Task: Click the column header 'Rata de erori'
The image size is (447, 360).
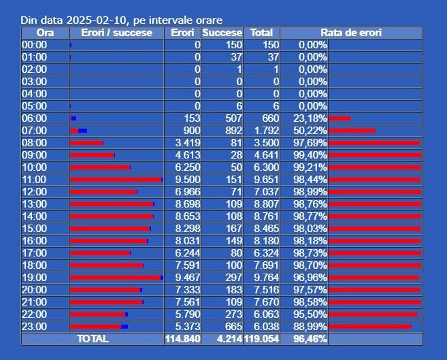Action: pyautogui.click(x=351, y=33)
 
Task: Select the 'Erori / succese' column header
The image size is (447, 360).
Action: pyautogui.click(x=116, y=33)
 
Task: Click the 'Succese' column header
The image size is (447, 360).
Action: pyautogui.click(x=222, y=33)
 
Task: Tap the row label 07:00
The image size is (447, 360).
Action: pyautogui.click(x=34, y=131)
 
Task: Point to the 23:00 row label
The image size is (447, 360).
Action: pyautogui.click(x=34, y=327)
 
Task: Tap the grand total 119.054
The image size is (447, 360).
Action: pyautogui.click(x=262, y=339)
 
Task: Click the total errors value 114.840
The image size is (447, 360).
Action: pyautogui.click(x=182, y=339)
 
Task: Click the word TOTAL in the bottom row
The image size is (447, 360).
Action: pyautogui.click(x=93, y=339)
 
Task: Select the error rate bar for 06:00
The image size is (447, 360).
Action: pyautogui.click(x=340, y=118)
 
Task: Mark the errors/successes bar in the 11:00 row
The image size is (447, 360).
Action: pyautogui.click(x=116, y=180)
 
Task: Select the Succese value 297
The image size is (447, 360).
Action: pyautogui.click(x=232, y=278)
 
